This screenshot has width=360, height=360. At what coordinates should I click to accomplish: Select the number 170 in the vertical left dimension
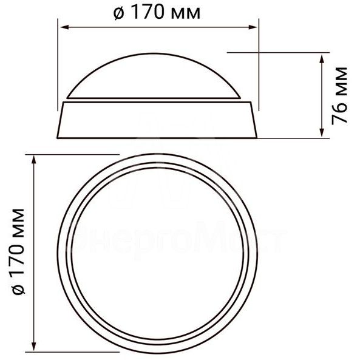click(19, 250)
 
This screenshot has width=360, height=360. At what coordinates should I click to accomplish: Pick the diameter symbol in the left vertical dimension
click(19, 290)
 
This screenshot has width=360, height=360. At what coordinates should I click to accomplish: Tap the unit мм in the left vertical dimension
click(19, 217)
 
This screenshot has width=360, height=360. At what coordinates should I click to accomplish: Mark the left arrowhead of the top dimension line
click(62, 27)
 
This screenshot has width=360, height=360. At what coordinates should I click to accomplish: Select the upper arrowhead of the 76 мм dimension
click(321, 56)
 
